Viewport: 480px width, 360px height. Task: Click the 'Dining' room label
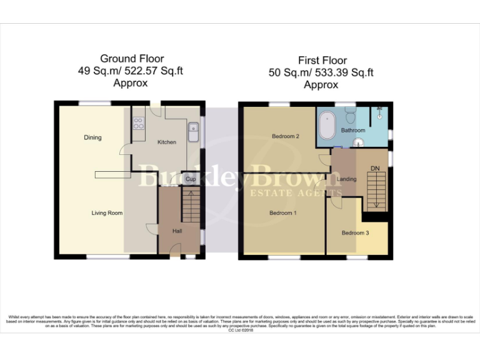pyautogui.click(x=91, y=137)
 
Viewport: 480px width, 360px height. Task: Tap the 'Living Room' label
pyautogui.click(x=107, y=213)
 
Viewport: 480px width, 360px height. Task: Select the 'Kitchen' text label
pyautogui.click(x=167, y=142)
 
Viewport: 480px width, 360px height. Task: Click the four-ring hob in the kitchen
pyautogui.click(x=138, y=122)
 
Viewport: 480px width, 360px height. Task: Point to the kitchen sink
pyautogui.click(x=193, y=132)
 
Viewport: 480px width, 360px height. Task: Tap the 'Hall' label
pyautogui.click(x=177, y=231)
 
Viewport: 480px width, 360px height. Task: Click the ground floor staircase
pyautogui.click(x=191, y=207)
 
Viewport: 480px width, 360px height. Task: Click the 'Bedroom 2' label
pyautogui.click(x=286, y=136)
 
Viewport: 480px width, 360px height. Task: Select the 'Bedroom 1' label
pyautogui.click(x=283, y=213)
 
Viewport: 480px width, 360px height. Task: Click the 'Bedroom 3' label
pyautogui.click(x=355, y=233)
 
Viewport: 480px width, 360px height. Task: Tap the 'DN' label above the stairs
pyautogui.click(x=375, y=168)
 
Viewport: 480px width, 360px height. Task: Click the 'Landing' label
pyautogui.click(x=346, y=179)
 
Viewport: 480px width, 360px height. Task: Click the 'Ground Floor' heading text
pyautogui.click(x=127, y=59)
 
